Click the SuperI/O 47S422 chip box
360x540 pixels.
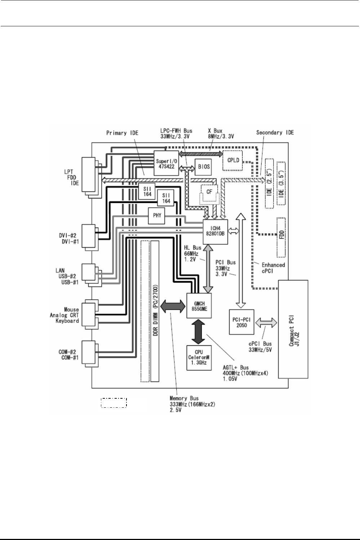(x=166, y=162)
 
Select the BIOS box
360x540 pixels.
(x=203, y=167)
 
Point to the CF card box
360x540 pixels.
(x=209, y=192)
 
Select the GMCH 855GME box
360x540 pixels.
(x=198, y=306)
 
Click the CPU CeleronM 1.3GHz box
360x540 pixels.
(x=197, y=357)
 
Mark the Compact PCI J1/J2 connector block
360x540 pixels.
(x=293, y=329)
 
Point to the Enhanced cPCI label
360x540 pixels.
(x=273, y=268)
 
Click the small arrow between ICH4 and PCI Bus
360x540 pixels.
(x=233, y=233)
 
